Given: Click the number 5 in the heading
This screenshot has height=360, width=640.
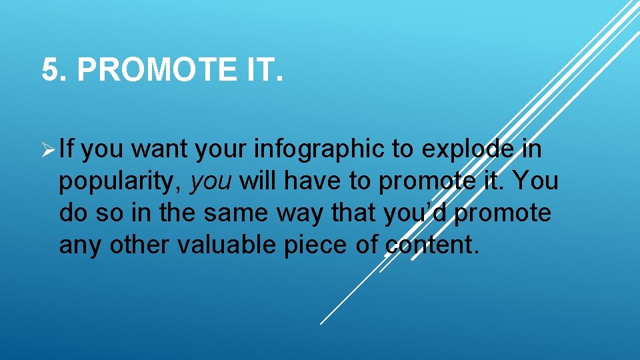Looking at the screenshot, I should pyautogui.click(x=51, y=70).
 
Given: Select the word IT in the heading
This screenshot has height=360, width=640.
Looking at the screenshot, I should pyautogui.click(x=258, y=70).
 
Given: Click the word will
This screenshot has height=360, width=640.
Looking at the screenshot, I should pyautogui.click(x=259, y=182).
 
